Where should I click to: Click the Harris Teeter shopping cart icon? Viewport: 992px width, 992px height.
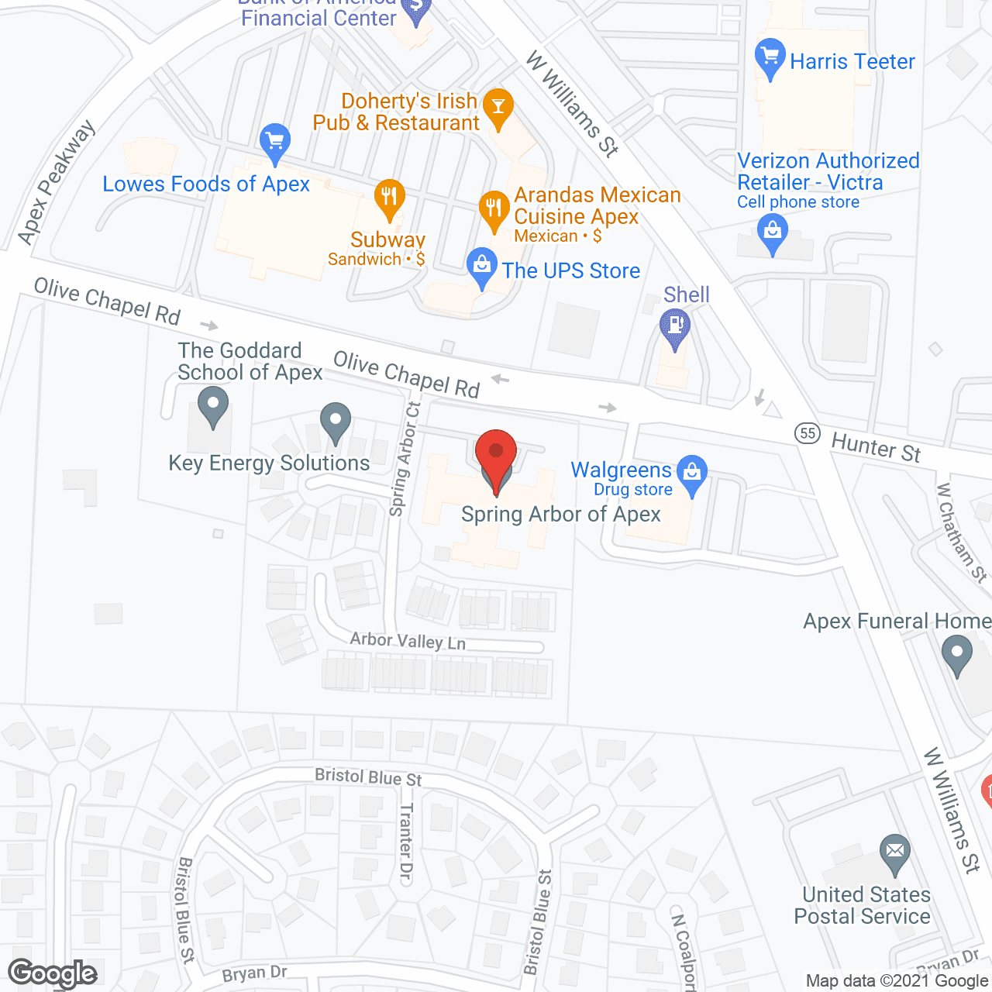point(770,56)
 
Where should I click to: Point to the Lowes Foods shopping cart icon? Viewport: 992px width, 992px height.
point(274,141)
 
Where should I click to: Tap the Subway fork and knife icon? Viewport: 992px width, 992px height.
point(389,196)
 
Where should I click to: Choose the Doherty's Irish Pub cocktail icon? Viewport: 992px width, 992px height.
point(498,105)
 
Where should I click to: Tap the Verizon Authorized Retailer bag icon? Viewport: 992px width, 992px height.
point(772,231)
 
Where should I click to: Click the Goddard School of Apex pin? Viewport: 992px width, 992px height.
point(212,405)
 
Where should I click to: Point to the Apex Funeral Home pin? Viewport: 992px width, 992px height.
point(956,653)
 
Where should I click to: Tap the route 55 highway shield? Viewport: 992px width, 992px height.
point(808,432)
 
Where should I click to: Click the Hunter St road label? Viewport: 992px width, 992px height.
point(876,448)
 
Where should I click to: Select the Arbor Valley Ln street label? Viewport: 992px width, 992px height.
point(408,640)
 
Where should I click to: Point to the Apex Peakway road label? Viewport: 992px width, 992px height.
point(56,183)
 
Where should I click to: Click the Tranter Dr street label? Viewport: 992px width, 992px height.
point(406,843)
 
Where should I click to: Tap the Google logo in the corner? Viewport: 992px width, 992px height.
point(53,973)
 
